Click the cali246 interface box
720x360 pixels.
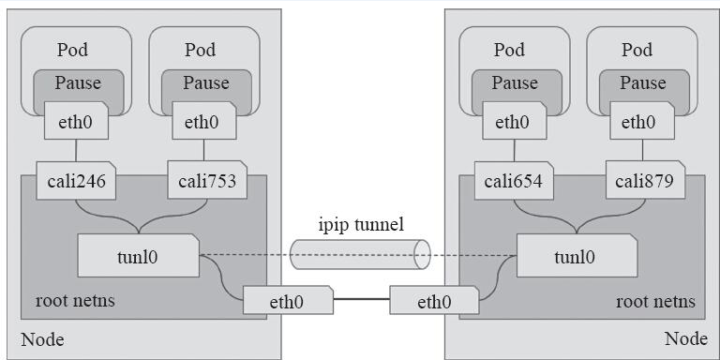(75, 180)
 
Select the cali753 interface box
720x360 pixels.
(206, 180)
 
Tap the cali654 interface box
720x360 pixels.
(513, 180)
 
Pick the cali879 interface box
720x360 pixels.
(645, 180)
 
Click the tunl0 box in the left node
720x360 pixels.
(138, 256)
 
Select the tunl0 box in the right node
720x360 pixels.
(576, 256)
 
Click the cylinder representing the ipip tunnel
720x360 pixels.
(360, 254)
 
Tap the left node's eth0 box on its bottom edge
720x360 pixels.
(288, 301)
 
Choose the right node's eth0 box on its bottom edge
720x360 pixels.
(433, 301)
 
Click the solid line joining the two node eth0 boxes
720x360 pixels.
(361, 301)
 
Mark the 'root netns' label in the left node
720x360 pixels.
(75, 302)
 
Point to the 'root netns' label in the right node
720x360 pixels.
(655, 302)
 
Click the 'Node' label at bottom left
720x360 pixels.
(41, 338)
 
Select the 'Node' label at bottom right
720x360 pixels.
(685, 338)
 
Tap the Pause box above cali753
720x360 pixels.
(206, 83)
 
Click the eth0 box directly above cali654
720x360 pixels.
(513, 122)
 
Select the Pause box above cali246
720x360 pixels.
(78, 83)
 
